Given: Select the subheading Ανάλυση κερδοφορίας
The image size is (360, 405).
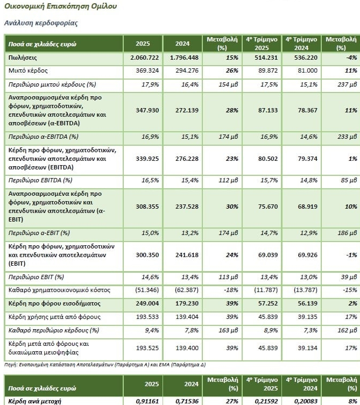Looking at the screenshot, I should pos(41,23).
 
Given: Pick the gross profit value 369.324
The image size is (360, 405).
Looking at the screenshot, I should pos(147,71).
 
